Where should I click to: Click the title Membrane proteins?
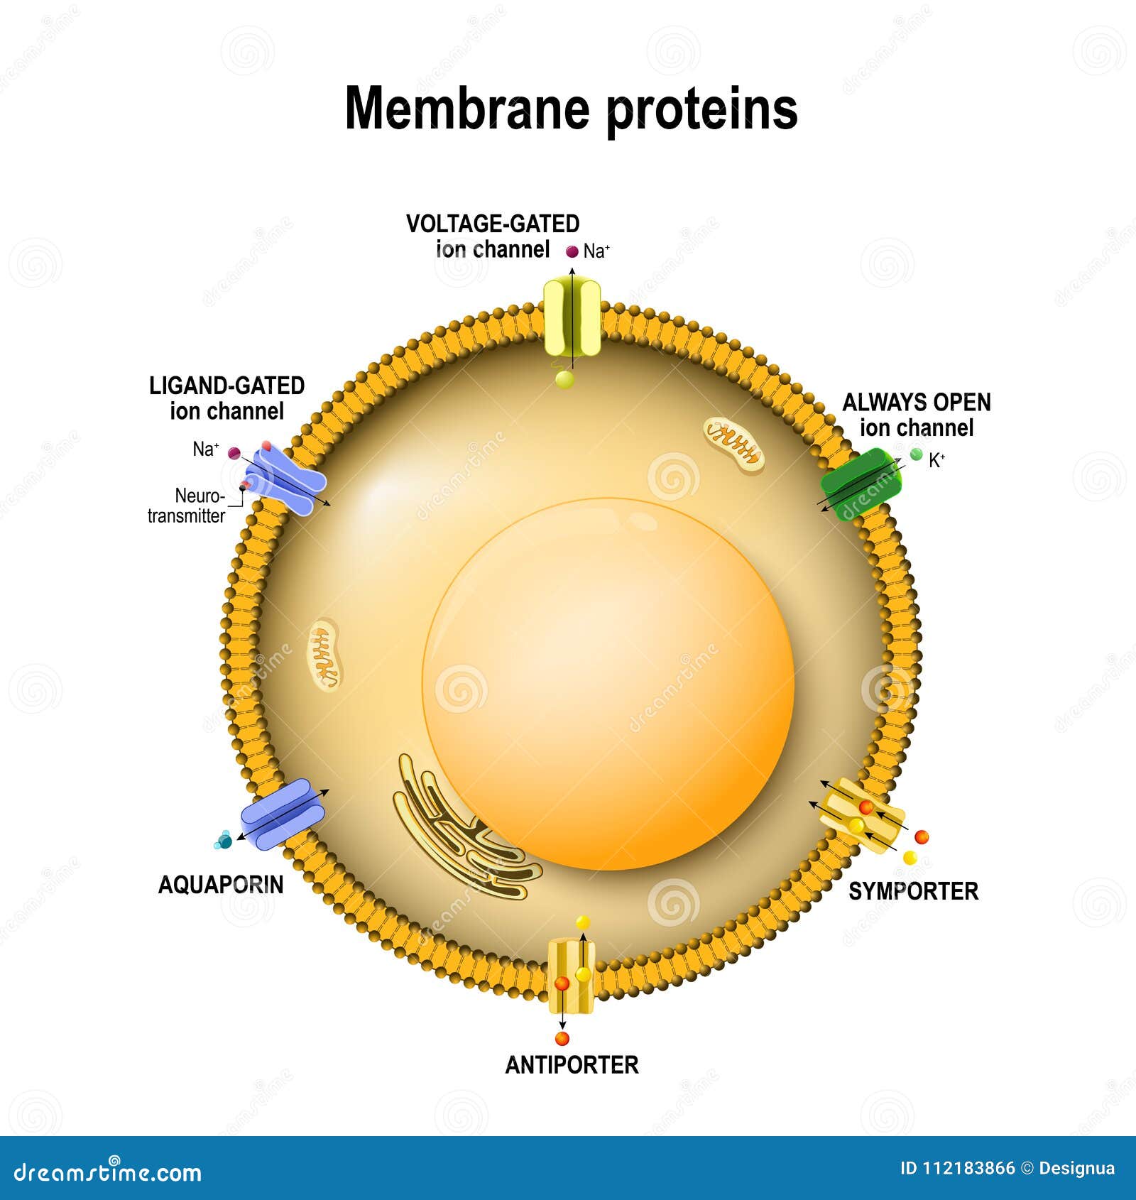coord(571,109)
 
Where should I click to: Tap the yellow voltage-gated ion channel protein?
coord(572,317)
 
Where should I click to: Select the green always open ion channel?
coord(861,485)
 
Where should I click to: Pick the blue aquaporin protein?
coord(282,814)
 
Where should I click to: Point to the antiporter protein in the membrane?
coord(571,976)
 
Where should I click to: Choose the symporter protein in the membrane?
coord(861,815)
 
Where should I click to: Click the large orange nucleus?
coord(608,683)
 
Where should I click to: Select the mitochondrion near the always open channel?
coord(733,444)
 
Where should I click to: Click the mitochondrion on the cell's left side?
coord(325,654)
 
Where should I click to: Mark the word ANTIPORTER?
coord(572,1064)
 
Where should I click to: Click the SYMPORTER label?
coord(913,891)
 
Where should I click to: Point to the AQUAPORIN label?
coord(221,885)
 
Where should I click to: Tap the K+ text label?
coord(936,461)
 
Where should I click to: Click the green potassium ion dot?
coord(916,454)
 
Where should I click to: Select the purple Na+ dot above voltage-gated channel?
coord(572,251)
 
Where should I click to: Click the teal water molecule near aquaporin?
coord(224,841)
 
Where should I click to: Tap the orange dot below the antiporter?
coord(562,1039)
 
